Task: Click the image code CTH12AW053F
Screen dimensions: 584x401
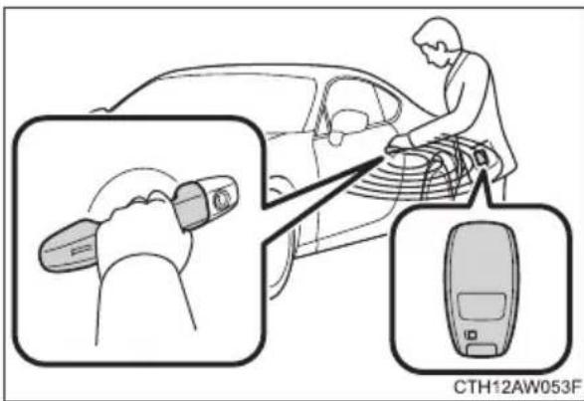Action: coord(517,387)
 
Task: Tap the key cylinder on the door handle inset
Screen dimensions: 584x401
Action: coord(222,199)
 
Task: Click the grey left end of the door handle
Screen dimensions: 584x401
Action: coord(68,245)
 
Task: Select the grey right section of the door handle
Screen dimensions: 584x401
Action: coord(192,205)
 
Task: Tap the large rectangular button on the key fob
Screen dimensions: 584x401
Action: coord(482,306)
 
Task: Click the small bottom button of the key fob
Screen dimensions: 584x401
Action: coord(482,350)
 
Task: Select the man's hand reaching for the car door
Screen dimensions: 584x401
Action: coord(400,143)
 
